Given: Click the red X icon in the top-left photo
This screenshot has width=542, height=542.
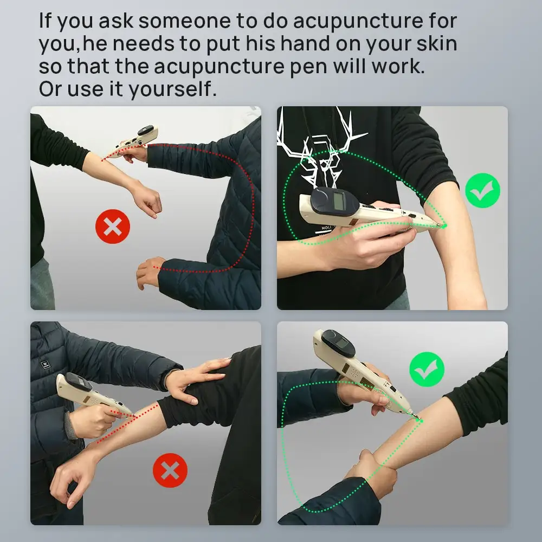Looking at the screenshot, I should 113,226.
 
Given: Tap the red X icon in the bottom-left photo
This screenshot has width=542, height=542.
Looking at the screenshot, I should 170,470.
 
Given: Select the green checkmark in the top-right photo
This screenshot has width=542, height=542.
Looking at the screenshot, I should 482,190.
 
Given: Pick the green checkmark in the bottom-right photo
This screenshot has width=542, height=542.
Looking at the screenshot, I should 427,369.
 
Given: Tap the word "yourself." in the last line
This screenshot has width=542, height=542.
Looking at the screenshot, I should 172,89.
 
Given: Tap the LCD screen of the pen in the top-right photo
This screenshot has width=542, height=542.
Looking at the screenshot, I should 340,202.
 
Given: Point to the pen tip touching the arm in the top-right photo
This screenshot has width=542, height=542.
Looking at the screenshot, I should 443,225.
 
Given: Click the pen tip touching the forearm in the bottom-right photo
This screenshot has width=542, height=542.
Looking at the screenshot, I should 418,418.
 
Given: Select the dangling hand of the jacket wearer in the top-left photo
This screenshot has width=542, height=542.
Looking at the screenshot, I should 148,273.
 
